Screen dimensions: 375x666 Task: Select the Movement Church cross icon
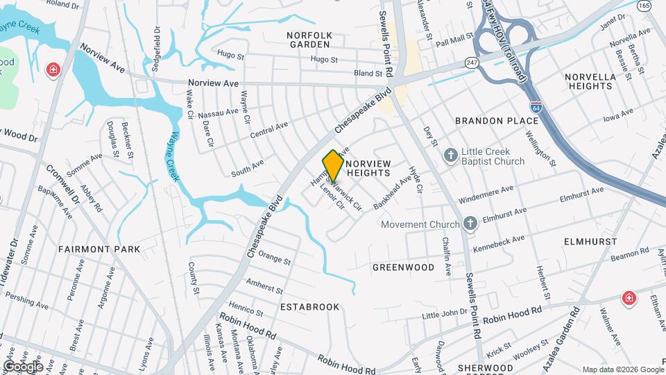[470, 224]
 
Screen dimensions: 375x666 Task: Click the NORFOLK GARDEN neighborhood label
[309, 40]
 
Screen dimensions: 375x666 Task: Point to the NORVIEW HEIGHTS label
[368, 167]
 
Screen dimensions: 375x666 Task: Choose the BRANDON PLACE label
[497, 121]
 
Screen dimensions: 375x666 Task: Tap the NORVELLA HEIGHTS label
[590, 81]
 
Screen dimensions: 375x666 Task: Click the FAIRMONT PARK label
[99, 249]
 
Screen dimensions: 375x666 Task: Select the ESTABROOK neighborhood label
[309, 306]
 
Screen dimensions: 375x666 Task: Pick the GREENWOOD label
[403, 267]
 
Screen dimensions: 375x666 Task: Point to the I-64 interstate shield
[536, 108]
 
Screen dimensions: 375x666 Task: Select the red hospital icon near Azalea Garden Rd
[629, 298]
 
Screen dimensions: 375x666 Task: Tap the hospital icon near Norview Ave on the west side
[53, 70]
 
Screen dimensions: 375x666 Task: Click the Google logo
[23, 366]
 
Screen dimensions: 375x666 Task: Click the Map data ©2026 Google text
[622, 369]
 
